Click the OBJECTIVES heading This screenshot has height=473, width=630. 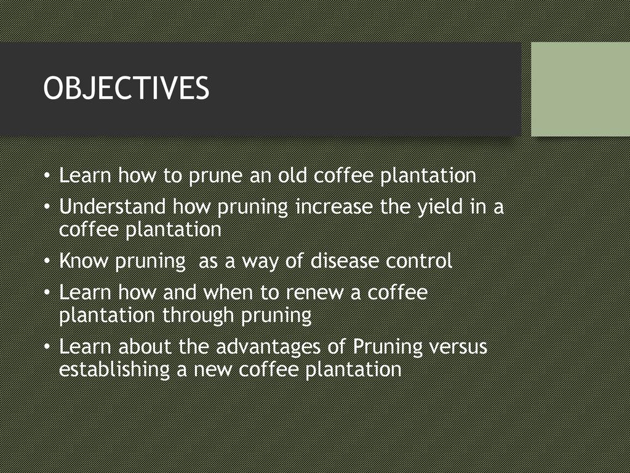pos(126,88)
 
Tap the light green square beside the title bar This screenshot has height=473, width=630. pos(581,89)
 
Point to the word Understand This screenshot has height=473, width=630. pos(112,206)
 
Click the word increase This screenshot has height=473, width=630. pos(334,206)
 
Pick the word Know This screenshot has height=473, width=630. pos(84,261)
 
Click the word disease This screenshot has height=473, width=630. pos(345,261)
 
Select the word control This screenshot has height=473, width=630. pos(419,261)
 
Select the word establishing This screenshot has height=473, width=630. pos(114,370)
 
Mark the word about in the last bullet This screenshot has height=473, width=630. pos(145,346)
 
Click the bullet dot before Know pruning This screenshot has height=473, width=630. pos(47,261)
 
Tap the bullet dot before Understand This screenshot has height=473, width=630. pos(47,208)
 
